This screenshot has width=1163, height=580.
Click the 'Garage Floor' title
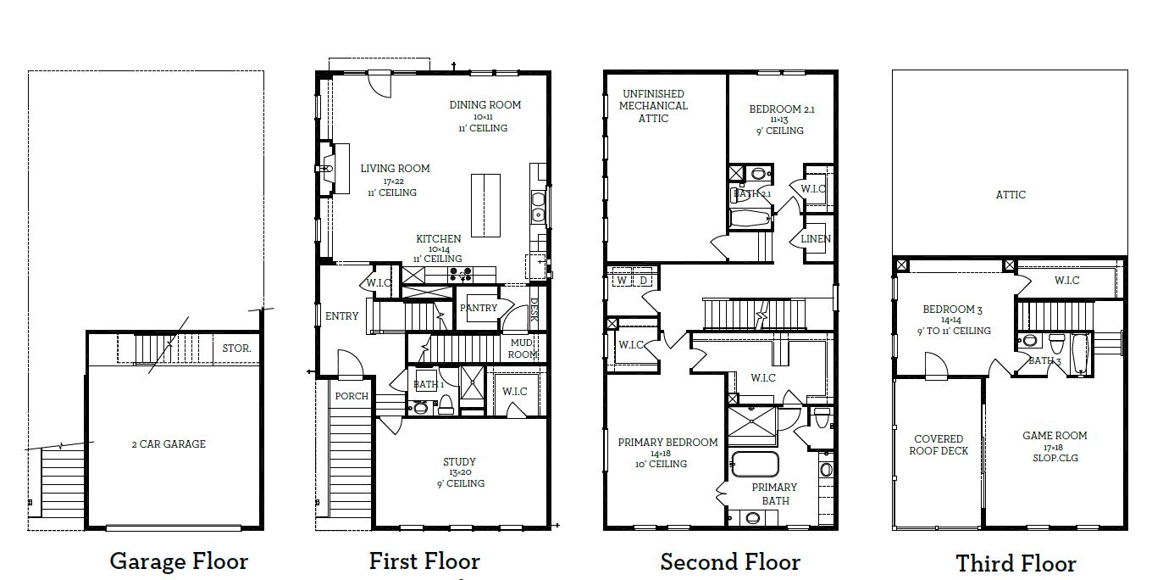tap(179, 561)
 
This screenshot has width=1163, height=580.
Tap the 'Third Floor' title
tap(1016, 564)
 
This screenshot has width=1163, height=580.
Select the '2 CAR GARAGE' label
tap(168, 443)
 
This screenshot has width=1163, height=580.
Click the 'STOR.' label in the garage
tap(236, 348)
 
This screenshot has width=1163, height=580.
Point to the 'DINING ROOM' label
tap(485, 105)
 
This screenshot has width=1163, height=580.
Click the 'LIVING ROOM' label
tap(395, 169)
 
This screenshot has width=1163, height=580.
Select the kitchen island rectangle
tap(485, 204)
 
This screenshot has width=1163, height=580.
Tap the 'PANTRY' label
tap(479, 308)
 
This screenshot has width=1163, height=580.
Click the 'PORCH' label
tap(352, 396)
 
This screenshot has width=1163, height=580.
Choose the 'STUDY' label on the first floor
tap(459, 462)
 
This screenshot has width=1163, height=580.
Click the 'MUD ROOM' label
tap(523, 349)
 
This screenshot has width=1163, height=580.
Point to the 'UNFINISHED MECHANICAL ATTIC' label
tap(653, 106)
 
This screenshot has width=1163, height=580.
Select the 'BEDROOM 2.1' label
tap(781, 109)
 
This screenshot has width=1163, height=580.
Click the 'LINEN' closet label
tap(816, 239)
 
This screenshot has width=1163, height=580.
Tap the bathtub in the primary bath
tap(754, 465)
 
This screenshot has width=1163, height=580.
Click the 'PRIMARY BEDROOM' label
tap(667, 443)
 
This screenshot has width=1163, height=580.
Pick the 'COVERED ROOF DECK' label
tap(939, 445)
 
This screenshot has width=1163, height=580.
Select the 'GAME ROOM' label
tap(1055, 436)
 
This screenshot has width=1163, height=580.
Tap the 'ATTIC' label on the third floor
tap(1011, 195)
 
